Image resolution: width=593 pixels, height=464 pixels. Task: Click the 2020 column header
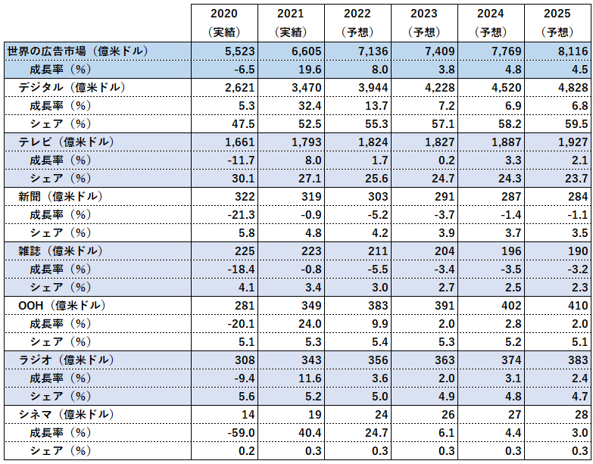tap(223, 14)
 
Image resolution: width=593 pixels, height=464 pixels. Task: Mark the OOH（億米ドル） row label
tap(56, 305)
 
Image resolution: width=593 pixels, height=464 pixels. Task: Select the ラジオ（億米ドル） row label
tap(59, 360)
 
